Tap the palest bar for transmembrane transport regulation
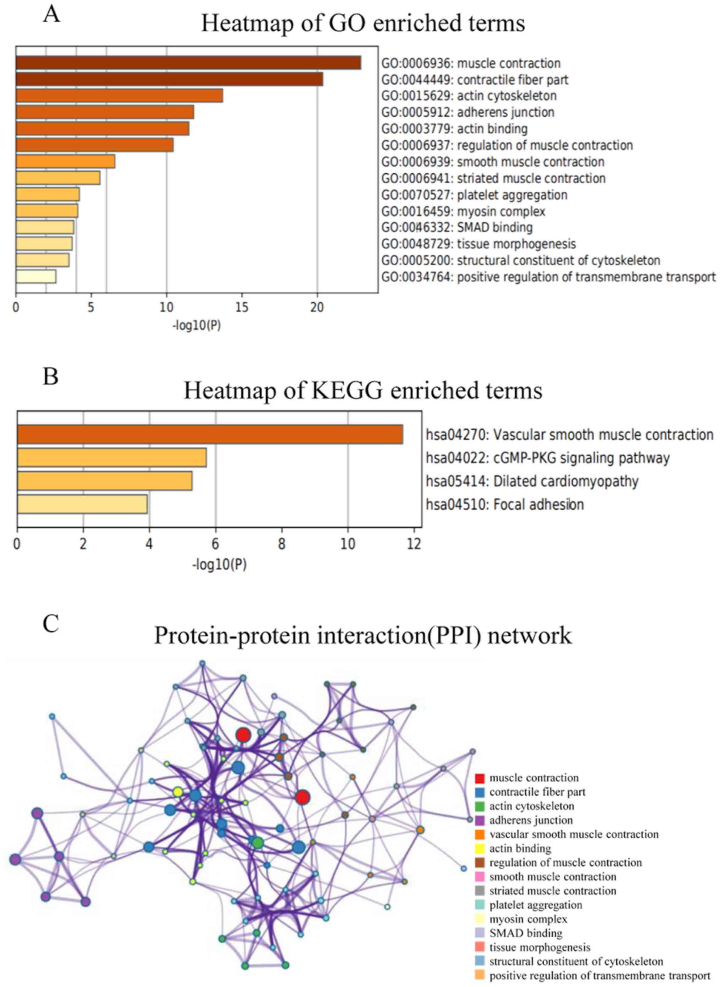[x=36, y=277]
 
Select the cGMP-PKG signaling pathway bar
[x=112, y=458]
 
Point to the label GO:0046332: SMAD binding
[x=457, y=227]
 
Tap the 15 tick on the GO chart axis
[x=242, y=307]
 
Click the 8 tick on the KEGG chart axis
[x=282, y=545]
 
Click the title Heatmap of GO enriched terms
[x=363, y=23]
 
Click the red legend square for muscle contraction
[x=480, y=777]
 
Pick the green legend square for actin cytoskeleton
[x=480, y=806]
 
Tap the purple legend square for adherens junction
[x=480, y=820]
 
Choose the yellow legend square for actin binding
[x=480, y=848]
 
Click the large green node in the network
[x=257, y=843]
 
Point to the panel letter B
[x=51, y=376]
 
